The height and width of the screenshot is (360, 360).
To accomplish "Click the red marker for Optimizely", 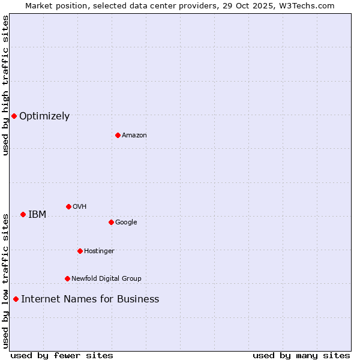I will pos(14,116).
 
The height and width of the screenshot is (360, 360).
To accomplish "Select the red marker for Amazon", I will pos(118,135).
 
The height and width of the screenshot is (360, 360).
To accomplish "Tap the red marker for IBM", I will pos(23,214).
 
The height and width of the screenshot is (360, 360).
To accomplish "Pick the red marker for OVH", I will pos(68,206).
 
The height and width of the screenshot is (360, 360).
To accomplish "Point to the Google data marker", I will pos(111,222).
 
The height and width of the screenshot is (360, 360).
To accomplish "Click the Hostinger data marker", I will pos(80,251).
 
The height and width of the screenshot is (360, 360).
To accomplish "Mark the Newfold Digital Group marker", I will pos(67,278).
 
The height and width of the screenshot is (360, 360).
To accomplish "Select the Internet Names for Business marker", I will pos(16,299).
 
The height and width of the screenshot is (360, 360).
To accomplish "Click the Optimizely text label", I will pos(44,116).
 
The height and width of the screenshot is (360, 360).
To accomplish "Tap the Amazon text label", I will pos(134,136).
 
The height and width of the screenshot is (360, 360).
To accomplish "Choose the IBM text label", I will pos(37,215).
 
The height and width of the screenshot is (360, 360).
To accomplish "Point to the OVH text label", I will pos(80,207).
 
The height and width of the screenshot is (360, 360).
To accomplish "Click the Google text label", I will pos(126,223).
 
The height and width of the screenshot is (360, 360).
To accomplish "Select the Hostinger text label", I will pos(99,251).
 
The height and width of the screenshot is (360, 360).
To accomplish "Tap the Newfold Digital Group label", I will pos(106,279).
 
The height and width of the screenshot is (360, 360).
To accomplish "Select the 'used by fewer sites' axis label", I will pos(62,355).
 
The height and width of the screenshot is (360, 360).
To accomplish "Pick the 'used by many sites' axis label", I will pos(301,355).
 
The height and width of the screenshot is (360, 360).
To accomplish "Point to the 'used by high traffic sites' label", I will pos(5,86).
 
